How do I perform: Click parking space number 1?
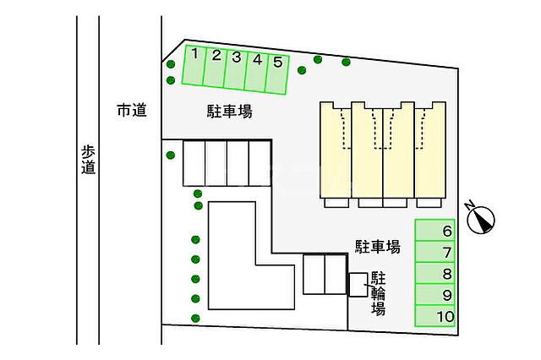tap(194, 66)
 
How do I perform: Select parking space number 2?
tap(216, 68)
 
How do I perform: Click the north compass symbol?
tap(481, 219)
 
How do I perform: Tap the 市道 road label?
tap(131, 110)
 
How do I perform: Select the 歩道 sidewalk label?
tap(88, 160)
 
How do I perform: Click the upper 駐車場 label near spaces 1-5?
tap(230, 111)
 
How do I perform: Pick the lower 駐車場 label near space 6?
tap(377, 246)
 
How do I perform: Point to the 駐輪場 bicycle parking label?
tap(378, 292)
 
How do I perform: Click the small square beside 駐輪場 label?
tap(358, 285)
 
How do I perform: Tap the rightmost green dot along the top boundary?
tap(347, 62)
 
